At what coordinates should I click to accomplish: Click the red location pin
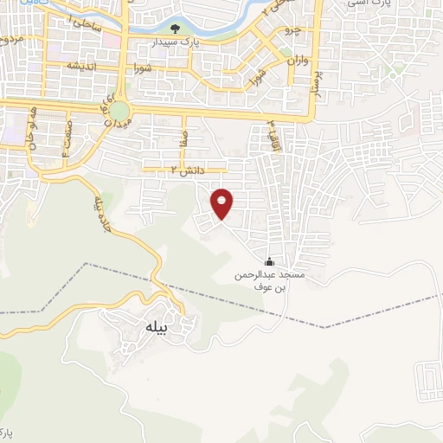pyautogui.click(x=222, y=202)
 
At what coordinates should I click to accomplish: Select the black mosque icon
pyautogui.click(x=269, y=261)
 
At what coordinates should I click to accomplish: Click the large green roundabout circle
pyautogui.click(x=119, y=111)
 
